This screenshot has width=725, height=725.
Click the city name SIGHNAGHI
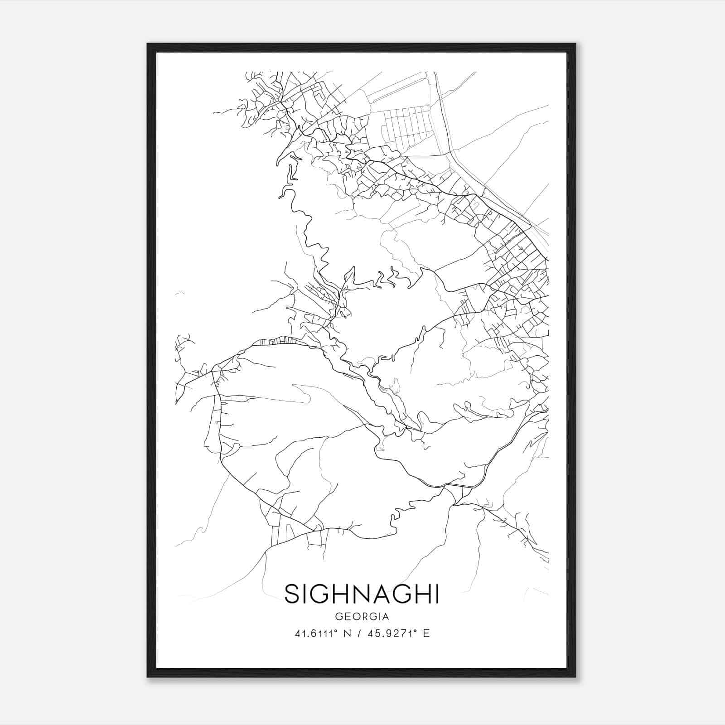[x=362, y=594]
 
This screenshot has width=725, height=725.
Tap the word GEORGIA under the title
[x=362, y=617]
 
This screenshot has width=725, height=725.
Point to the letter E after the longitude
[x=426, y=633]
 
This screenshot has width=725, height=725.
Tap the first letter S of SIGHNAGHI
[x=293, y=594]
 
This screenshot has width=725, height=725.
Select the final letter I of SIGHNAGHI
[x=436, y=594]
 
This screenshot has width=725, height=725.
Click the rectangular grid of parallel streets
[x=406, y=125]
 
